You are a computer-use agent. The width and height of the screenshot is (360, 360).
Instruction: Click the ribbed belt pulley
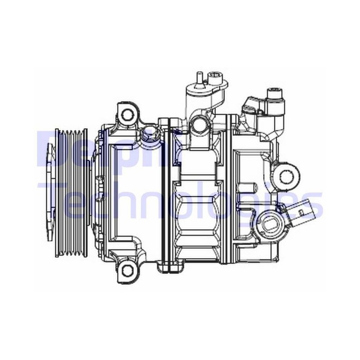click(72, 193)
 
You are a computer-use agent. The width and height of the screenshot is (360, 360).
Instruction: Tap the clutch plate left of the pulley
click(50, 192)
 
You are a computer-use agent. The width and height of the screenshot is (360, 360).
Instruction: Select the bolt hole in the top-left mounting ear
click(127, 115)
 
